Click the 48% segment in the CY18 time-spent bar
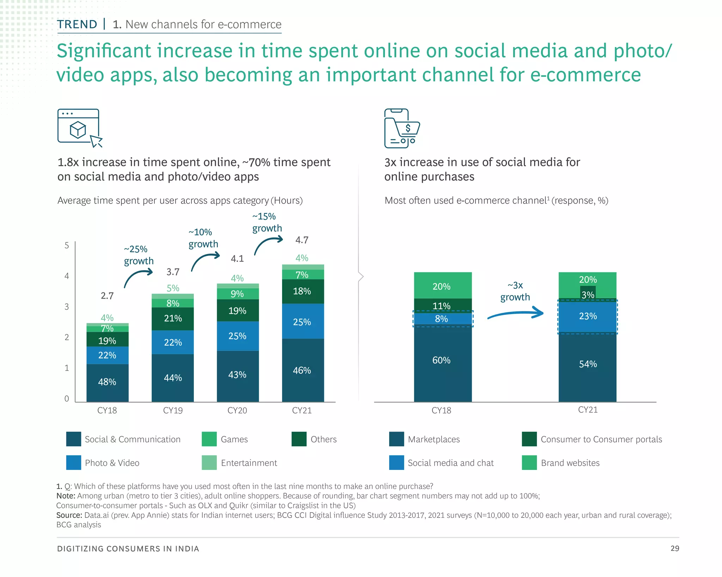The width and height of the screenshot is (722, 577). click(107, 382)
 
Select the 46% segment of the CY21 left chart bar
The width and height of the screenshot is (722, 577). click(302, 370)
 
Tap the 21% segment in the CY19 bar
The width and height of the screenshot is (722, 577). click(173, 318)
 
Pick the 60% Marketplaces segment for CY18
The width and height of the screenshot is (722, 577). click(442, 360)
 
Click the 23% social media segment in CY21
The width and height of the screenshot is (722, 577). click(588, 316)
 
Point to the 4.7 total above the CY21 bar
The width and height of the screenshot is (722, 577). click(302, 240)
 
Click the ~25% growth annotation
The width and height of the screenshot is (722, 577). click(139, 255)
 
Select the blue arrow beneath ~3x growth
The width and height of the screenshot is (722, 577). click(516, 314)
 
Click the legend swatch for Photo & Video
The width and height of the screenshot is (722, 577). click(73, 463)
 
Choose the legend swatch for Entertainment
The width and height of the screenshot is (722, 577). click(209, 463)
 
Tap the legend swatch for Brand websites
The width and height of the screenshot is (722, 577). click(529, 463)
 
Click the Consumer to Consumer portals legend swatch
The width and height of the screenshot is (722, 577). click(529, 439)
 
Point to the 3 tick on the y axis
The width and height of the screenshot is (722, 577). click(67, 306)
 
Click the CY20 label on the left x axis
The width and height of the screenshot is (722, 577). click(237, 410)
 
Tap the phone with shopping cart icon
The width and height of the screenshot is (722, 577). click(401, 129)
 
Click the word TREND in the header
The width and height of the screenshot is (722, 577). click(77, 24)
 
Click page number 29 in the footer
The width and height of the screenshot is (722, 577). click(674, 548)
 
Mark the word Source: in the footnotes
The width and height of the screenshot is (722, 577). click(69, 515)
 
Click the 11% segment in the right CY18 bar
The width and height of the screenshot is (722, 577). click(442, 305)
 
